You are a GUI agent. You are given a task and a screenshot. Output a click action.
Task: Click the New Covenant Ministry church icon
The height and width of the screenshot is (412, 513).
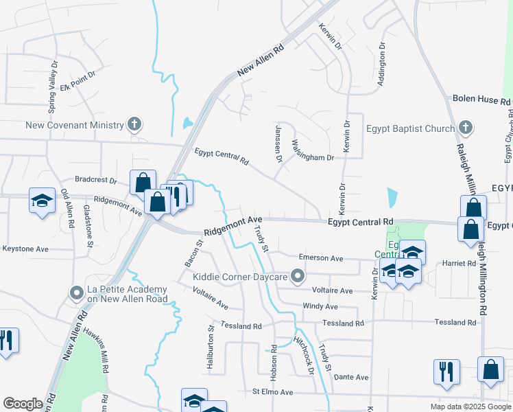tap(134, 125)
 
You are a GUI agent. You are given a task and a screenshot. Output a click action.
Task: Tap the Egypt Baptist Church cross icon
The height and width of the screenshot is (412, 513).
tap(466, 128)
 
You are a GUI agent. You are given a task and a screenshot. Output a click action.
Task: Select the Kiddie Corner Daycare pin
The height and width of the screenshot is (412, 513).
tap(298, 277)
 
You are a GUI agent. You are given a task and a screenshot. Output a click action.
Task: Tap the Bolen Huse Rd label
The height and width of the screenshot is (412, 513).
tap(481, 100)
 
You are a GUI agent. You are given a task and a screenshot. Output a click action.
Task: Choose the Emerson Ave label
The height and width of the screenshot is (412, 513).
tap(320, 258)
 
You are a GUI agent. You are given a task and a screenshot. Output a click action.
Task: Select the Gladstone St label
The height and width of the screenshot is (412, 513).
tap(87, 221)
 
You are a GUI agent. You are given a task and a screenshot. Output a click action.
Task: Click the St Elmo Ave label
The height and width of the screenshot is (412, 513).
tap(272, 392)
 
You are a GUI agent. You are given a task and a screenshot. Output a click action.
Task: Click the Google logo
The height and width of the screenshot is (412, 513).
tap(23, 404)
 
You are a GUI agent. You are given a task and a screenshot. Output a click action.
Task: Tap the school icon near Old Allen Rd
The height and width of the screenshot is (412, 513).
tap(42, 201)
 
